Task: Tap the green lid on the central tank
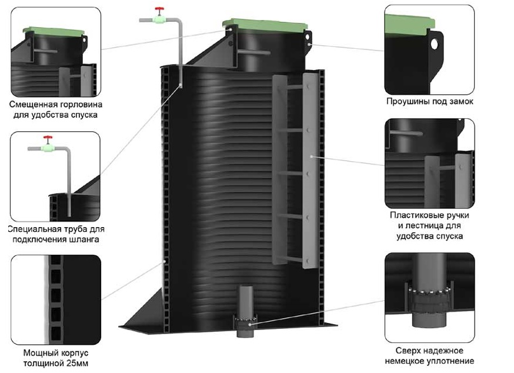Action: tap(265, 25)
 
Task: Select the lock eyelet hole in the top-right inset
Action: tap(435, 44)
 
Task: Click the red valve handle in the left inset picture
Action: tap(48, 138)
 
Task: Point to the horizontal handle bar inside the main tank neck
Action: tap(254, 52)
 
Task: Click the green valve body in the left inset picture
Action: tap(48, 148)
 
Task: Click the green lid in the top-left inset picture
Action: tap(54, 32)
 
